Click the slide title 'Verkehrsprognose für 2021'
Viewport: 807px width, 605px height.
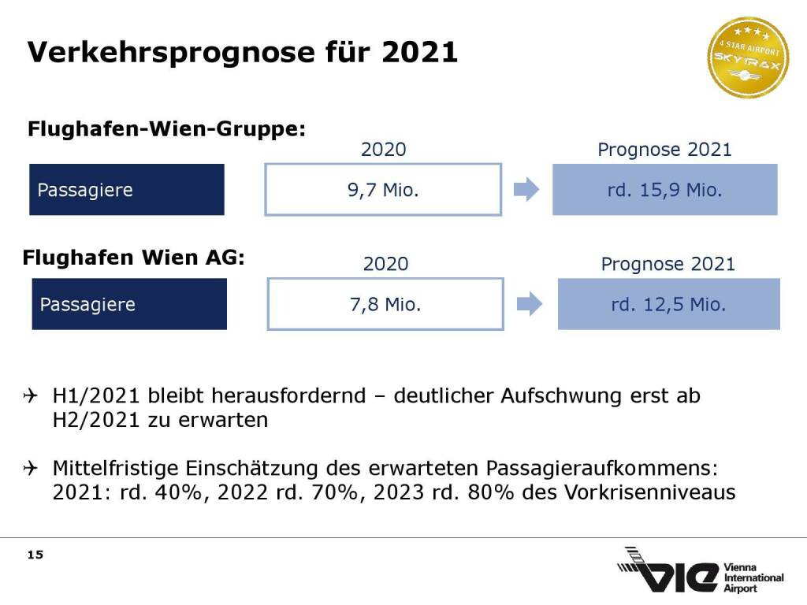tap(243, 52)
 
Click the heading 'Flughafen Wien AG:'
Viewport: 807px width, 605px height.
tap(134, 258)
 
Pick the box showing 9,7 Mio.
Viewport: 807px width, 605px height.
tap(383, 190)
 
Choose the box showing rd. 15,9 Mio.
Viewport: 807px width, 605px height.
tap(664, 190)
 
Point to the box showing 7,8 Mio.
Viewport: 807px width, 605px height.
tap(385, 304)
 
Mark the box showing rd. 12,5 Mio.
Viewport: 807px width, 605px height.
tap(668, 304)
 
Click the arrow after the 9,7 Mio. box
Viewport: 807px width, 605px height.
tap(526, 190)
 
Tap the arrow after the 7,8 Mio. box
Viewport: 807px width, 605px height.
tap(530, 304)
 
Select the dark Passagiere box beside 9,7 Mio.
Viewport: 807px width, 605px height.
tap(127, 190)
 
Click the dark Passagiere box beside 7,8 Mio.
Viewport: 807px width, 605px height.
tap(129, 304)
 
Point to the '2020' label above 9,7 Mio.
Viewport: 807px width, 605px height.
tap(383, 150)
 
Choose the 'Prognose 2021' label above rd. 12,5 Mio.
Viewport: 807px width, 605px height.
tap(668, 264)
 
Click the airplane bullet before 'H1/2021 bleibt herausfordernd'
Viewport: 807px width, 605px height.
tap(32, 395)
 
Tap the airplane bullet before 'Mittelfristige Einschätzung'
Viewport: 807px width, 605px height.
tap(32, 468)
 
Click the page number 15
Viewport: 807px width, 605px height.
tap(35, 555)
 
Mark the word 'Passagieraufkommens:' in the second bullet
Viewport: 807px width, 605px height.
tap(602, 468)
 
